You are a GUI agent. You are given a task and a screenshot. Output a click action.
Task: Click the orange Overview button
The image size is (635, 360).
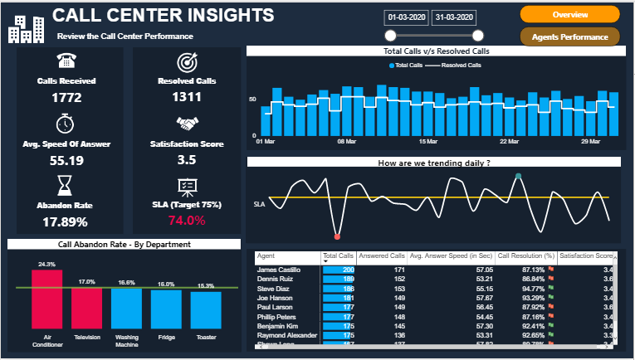(x=569, y=15)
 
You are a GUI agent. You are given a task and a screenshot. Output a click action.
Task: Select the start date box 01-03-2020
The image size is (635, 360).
(x=407, y=17)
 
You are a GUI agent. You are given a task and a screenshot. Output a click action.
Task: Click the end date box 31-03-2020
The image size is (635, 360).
(x=455, y=17)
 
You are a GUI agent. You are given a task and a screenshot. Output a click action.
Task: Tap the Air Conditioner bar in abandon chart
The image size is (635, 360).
(x=46, y=299)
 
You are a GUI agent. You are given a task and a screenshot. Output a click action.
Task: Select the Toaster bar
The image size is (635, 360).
(x=206, y=308)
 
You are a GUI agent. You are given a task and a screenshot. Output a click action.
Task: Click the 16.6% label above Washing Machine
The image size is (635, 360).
(x=127, y=283)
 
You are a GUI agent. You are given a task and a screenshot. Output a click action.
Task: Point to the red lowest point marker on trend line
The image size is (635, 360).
(x=337, y=237)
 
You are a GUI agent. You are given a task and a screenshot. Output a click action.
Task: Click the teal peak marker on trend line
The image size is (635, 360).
(x=519, y=176)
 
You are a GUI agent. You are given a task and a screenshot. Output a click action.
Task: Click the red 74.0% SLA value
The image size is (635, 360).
(x=187, y=221)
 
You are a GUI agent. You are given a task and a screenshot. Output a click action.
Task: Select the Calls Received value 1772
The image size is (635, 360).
(x=66, y=98)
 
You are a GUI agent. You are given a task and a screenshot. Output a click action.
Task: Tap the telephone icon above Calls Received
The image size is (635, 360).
(x=66, y=61)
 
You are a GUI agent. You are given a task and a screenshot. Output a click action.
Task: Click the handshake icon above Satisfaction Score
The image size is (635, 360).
(x=187, y=124)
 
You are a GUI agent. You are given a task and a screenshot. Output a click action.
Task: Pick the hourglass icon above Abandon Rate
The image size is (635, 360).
(x=66, y=184)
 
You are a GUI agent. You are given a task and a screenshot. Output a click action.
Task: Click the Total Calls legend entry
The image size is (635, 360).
(x=406, y=65)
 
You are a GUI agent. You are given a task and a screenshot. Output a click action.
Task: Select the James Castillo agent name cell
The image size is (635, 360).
(x=279, y=270)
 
